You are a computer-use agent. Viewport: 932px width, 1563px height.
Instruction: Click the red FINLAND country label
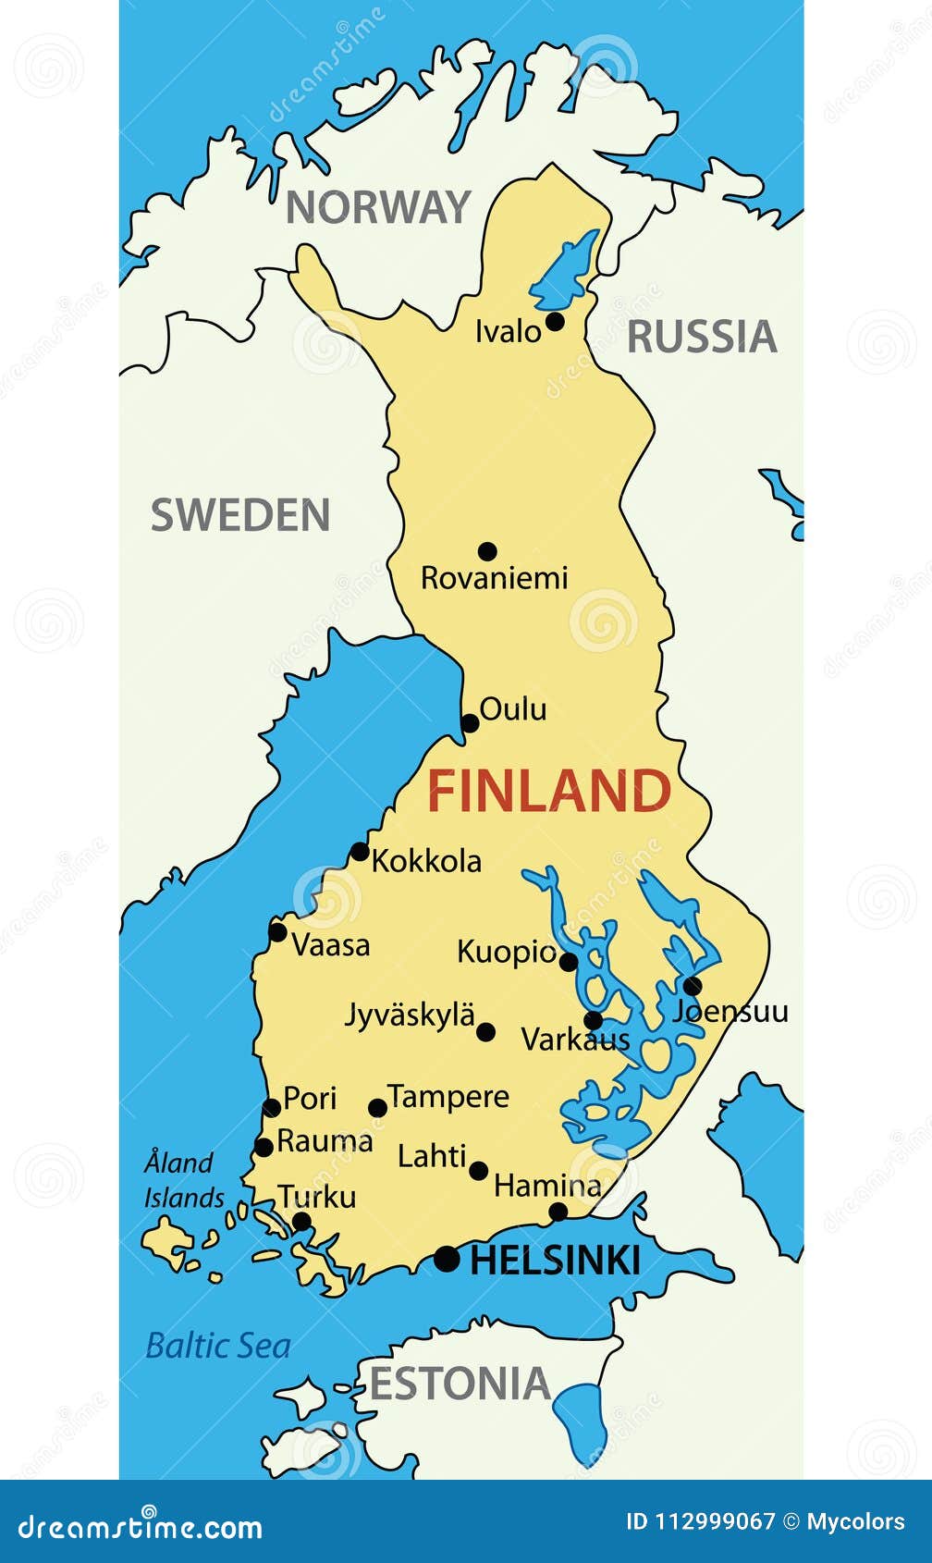548,792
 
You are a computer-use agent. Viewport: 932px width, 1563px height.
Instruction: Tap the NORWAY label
378,207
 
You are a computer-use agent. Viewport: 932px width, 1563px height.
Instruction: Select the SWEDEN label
240,515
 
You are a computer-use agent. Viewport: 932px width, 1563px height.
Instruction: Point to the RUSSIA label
702,337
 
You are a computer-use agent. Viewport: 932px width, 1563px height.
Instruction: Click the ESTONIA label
460,1384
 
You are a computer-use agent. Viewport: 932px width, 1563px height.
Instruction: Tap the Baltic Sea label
218,1346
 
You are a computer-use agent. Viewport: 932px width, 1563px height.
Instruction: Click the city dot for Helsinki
447,1259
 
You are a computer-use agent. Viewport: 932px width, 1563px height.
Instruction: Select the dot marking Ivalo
555,321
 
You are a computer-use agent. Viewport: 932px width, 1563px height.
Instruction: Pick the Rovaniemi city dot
487,551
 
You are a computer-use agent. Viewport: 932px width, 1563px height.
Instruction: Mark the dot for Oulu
470,723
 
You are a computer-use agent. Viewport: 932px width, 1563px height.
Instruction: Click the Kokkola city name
426,861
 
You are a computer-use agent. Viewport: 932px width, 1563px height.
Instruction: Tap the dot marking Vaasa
277,932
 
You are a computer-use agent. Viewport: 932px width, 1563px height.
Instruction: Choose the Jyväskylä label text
410,1015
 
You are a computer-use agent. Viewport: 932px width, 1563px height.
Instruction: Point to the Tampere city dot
377,1108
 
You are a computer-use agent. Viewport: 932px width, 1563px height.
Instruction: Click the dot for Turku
301,1222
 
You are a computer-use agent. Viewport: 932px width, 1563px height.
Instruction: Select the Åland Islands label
182,1180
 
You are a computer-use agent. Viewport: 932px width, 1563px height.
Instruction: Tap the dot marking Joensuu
693,986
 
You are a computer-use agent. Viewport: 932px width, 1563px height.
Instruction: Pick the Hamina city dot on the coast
558,1212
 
